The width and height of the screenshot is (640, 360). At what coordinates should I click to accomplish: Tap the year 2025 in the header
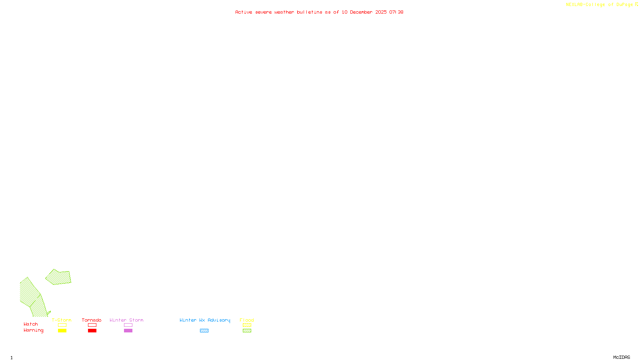tap(381, 12)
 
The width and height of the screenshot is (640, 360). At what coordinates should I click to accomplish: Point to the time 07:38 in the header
tap(396, 12)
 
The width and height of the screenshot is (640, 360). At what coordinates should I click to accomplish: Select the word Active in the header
tap(244, 12)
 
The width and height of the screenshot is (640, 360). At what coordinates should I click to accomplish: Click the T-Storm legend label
tap(62, 320)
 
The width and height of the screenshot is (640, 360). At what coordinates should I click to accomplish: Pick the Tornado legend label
tap(92, 320)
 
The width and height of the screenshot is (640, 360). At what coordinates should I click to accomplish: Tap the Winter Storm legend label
tap(126, 320)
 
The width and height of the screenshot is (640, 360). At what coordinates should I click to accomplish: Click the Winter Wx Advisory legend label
tap(205, 320)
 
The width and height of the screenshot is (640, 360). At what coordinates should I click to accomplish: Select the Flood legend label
tap(247, 320)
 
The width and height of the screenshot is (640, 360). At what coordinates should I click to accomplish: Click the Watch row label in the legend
tap(31, 324)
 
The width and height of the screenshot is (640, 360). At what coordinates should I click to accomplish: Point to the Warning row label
tap(34, 330)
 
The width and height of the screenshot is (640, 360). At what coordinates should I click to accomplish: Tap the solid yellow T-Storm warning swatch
tap(62, 331)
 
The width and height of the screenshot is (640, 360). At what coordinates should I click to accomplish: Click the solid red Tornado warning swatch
tap(92, 331)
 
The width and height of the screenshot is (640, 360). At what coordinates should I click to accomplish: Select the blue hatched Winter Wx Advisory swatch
tap(204, 331)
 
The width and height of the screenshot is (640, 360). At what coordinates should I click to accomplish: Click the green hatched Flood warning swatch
tap(247, 331)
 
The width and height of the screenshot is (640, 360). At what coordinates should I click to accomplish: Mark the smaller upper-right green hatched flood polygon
tap(59, 277)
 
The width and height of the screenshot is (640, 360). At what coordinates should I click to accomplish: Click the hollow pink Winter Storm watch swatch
tap(128, 325)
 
